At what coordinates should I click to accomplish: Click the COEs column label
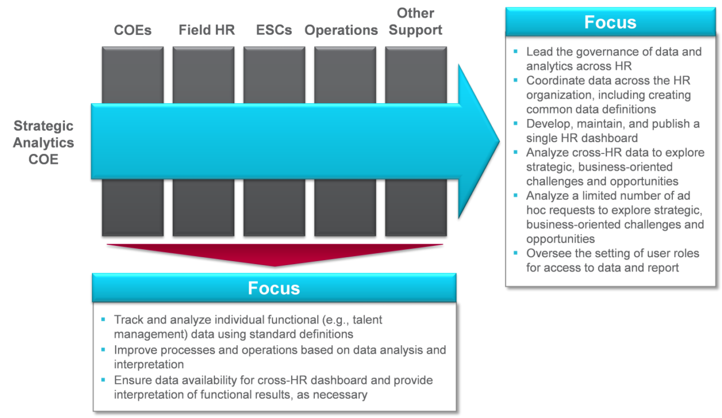pyautogui.click(x=133, y=30)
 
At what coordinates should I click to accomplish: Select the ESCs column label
pyautogui.click(x=274, y=30)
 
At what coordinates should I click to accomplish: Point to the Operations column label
pyautogui.click(x=341, y=30)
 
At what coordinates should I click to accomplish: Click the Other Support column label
pyautogui.click(x=416, y=22)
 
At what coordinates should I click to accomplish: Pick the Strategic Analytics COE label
pyautogui.click(x=43, y=143)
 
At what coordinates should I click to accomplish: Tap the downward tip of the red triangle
pyautogui.click(x=275, y=265)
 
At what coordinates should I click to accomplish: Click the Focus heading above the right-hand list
pyautogui.click(x=610, y=22)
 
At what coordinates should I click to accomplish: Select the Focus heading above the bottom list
pyautogui.click(x=274, y=288)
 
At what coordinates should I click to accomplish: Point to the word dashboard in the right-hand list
pyautogui.click(x=610, y=138)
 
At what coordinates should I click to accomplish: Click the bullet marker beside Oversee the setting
pyautogui.click(x=515, y=253)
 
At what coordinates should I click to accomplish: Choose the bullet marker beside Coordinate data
pyautogui.click(x=515, y=80)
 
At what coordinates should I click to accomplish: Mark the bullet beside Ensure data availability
pyautogui.click(x=103, y=379)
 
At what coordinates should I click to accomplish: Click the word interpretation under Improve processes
pyautogui.click(x=148, y=364)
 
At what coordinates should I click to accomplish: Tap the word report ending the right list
pyautogui.click(x=663, y=268)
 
